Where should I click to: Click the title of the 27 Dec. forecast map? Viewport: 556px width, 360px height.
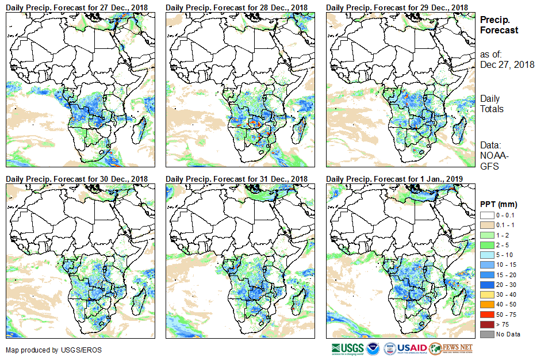click(x=77, y=7)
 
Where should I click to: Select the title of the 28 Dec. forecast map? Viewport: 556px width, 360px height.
click(x=237, y=7)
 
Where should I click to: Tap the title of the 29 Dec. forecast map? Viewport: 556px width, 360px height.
click(x=397, y=7)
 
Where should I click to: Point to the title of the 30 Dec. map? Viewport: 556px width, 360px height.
click(x=77, y=179)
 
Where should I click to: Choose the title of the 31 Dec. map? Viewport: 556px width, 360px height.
click(x=237, y=179)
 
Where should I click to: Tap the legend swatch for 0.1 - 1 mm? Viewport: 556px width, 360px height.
click(x=486, y=225)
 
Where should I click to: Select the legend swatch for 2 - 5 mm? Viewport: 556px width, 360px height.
click(x=486, y=245)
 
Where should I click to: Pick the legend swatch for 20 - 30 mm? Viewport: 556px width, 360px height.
click(x=486, y=284)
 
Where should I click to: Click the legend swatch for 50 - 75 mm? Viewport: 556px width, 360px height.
click(x=486, y=315)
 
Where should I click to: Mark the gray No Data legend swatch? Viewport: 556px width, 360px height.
click(x=486, y=334)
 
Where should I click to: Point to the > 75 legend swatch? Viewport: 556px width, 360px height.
click(x=486, y=324)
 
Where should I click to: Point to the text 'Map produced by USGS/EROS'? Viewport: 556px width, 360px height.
click(x=43, y=350)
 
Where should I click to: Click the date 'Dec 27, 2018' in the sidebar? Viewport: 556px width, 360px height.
click(x=507, y=64)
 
